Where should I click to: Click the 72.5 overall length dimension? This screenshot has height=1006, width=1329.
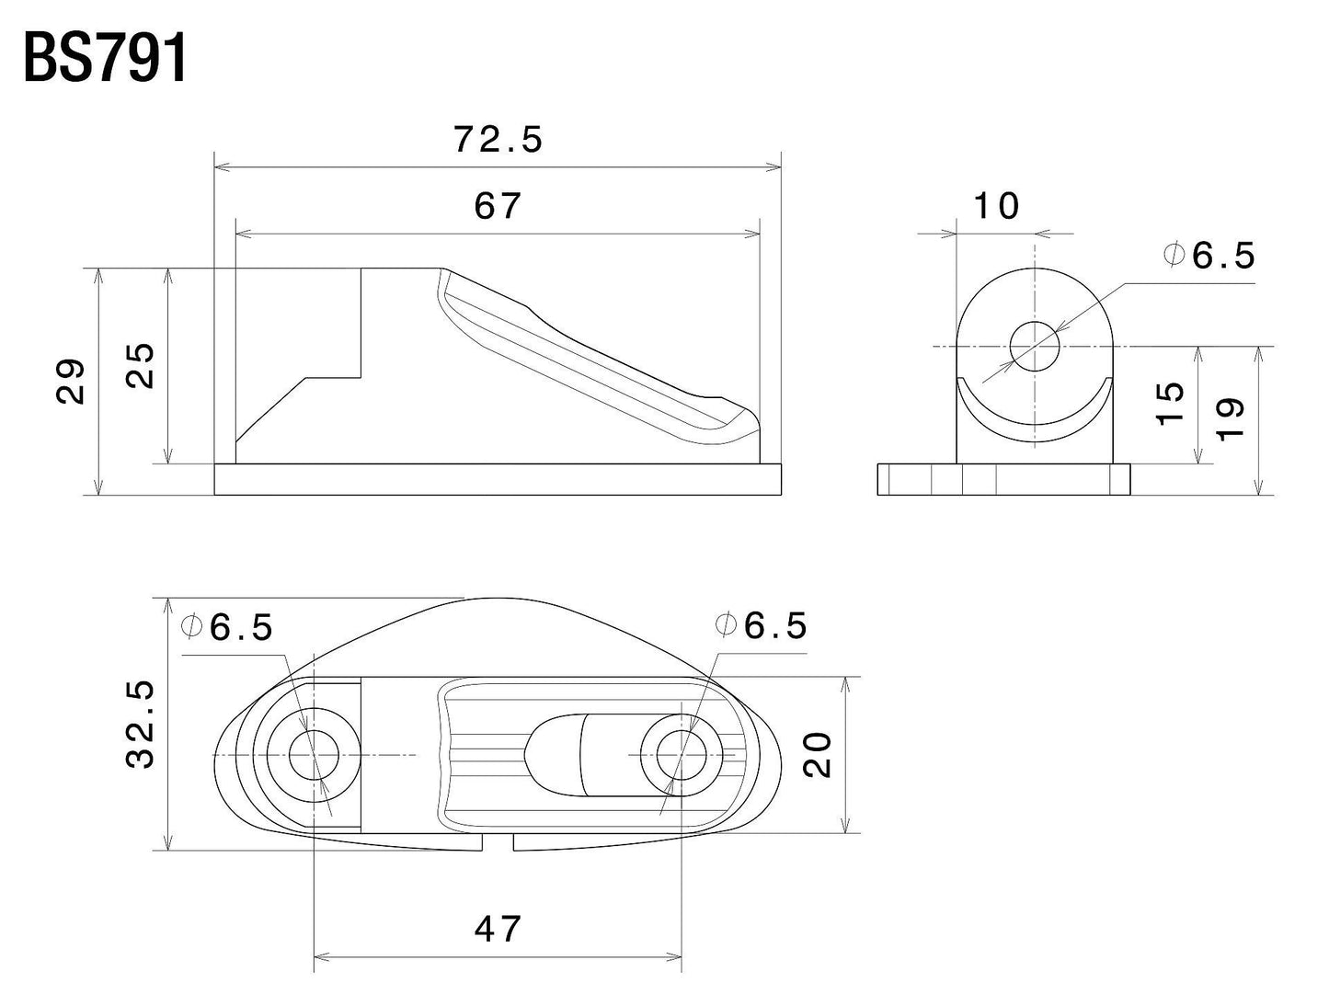click(498, 140)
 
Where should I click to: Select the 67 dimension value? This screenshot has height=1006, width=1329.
click(498, 206)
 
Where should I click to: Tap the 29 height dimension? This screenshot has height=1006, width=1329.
click(72, 381)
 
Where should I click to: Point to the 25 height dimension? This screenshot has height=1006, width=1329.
click(141, 366)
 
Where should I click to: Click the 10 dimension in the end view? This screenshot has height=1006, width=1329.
click(996, 206)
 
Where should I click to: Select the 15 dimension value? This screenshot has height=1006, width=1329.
click(1169, 403)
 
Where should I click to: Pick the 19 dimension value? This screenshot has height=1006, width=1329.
click(1231, 418)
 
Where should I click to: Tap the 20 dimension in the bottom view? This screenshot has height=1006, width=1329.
click(818, 754)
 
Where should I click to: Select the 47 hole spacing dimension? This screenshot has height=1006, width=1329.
click(498, 929)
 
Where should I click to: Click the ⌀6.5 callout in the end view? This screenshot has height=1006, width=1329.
click(1209, 256)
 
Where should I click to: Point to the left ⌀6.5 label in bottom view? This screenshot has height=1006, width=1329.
click(228, 627)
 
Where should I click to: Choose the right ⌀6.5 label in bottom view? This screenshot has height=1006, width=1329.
click(762, 625)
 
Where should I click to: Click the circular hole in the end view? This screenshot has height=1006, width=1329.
click(1035, 347)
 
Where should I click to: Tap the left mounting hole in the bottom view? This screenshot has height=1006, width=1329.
click(314, 755)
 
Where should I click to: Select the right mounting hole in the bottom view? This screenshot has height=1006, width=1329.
click(682, 755)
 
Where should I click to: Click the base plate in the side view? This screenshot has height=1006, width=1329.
click(498, 479)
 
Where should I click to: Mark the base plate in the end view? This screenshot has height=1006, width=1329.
click(1002, 480)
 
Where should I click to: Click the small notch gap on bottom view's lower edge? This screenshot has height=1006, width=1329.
click(498, 842)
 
